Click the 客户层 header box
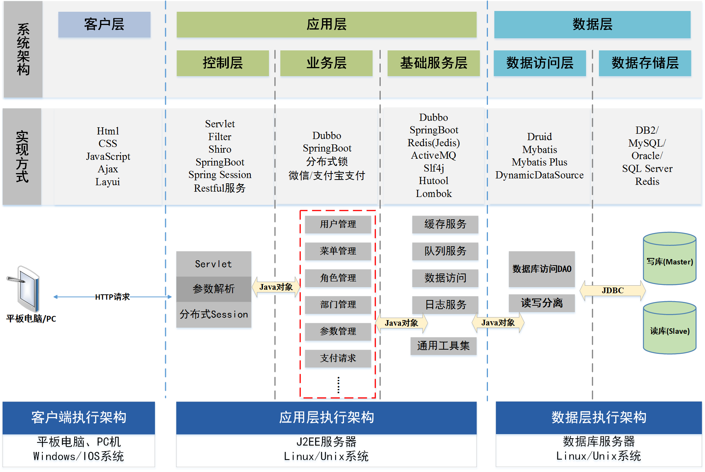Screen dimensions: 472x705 click(104, 25)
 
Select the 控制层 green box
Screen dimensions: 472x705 click(222, 63)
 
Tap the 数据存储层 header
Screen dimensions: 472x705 click(645, 63)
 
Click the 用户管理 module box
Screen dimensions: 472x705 click(338, 224)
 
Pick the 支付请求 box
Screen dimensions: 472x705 click(338, 358)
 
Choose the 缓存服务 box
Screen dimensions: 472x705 click(445, 224)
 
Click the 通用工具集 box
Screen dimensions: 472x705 click(443, 345)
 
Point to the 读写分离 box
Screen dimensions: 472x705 click(542, 303)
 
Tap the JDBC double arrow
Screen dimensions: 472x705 click(613, 291)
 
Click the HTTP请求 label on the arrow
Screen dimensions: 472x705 click(112, 297)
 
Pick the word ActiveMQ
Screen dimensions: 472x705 click(433, 155)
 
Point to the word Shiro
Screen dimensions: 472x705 click(220, 149)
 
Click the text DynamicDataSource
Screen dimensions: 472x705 click(539, 175)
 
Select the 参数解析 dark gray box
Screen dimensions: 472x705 click(214, 289)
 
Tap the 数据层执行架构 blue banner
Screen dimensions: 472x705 click(599, 417)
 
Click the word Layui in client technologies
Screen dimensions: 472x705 click(108, 182)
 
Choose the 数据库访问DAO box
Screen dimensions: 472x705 click(542, 269)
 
